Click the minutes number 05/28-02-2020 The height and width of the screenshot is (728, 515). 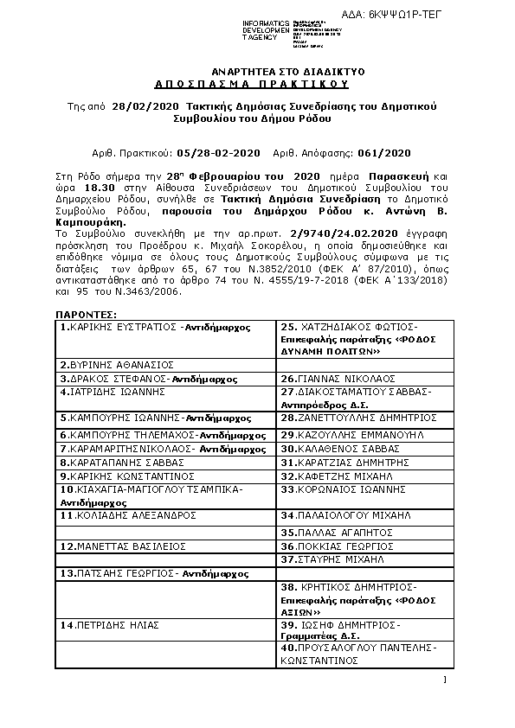tap(210, 152)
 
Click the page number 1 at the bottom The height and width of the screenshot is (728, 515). tap(443, 680)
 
